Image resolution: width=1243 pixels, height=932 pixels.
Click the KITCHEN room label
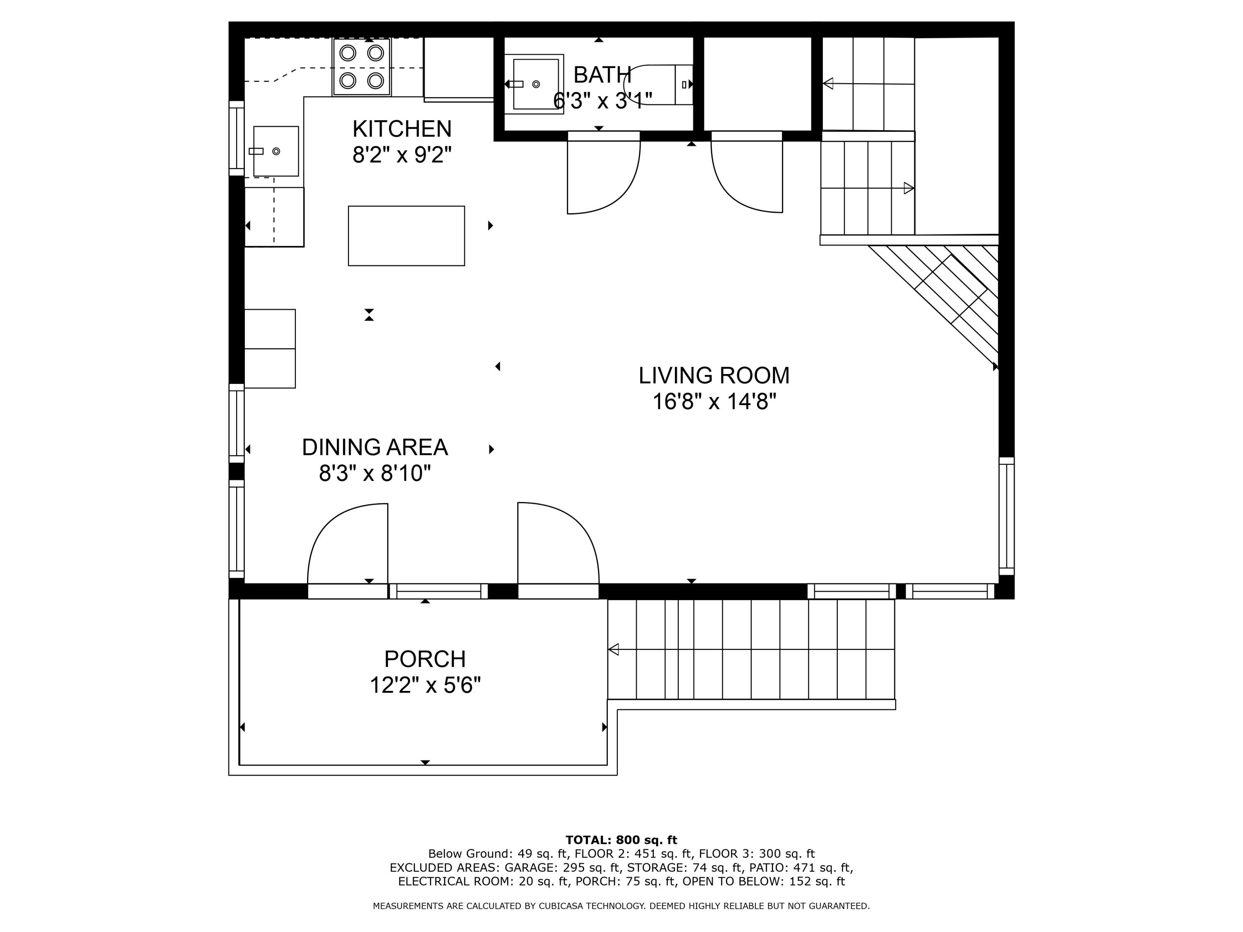click(x=402, y=129)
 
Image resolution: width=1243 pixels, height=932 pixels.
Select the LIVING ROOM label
click(x=713, y=376)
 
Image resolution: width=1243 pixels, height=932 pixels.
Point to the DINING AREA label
click(x=375, y=448)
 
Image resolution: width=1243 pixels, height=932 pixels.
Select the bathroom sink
click(x=535, y=84)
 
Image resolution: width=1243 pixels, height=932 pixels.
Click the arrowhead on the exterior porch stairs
click(x=614, y=650)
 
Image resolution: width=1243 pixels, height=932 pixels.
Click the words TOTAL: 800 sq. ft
click(x=621, y=840)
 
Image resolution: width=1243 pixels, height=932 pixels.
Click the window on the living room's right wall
click(x=1006, y=516)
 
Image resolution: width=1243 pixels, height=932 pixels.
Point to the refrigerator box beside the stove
click(x=458, y=68)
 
